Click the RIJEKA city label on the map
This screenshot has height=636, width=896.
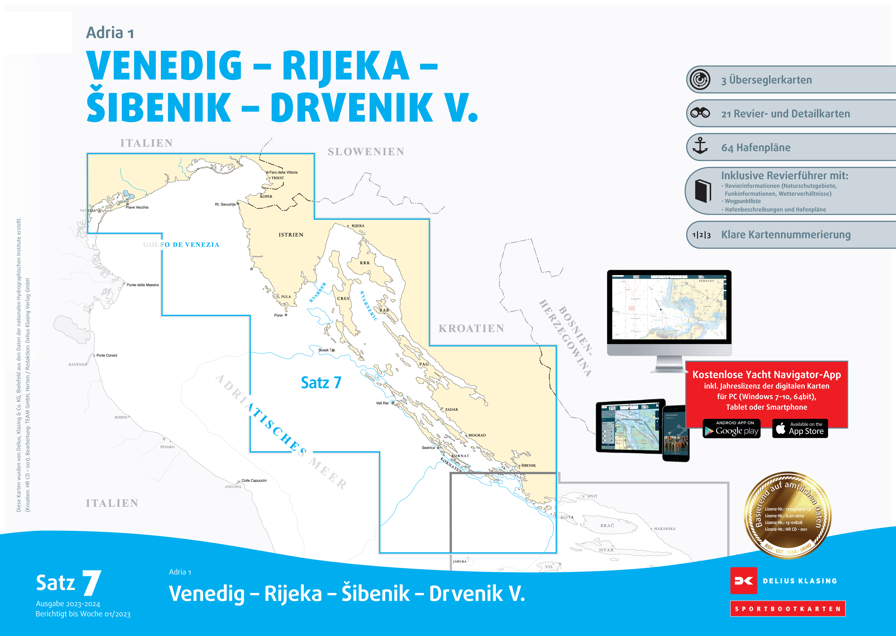pyautogui.click(x=358, y=226)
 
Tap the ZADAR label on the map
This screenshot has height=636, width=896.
pyautogui.click(x=451, y=410)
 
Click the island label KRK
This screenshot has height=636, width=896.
pyautogui.click(x=365, y=263)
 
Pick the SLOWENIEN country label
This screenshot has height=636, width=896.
pyautogui.click(x=366, y=152)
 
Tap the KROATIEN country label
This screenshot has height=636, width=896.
pyautogui.click(x=471, y=329)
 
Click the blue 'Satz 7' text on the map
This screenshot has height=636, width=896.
pyautogui.click(x=321, y=383)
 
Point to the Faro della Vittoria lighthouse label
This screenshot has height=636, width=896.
pyautogui.click(x=283, y=172)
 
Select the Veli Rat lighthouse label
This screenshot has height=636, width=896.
pyautogui.click(x=382, y=403)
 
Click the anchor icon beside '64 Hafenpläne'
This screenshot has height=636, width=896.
pyautogui.click(x=700, y=146)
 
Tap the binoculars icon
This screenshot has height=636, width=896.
pyautogui.click(x=700, y=113)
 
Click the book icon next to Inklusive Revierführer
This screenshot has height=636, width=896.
pyautogui.click(x=703, y=191)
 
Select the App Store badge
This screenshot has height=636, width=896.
pyautogui.click(x=800, y=429)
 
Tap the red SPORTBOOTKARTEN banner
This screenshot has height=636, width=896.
pyautogui.click(x=788, y=609)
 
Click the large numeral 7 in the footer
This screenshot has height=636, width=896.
pyautogui.click(x=92, y=583)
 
